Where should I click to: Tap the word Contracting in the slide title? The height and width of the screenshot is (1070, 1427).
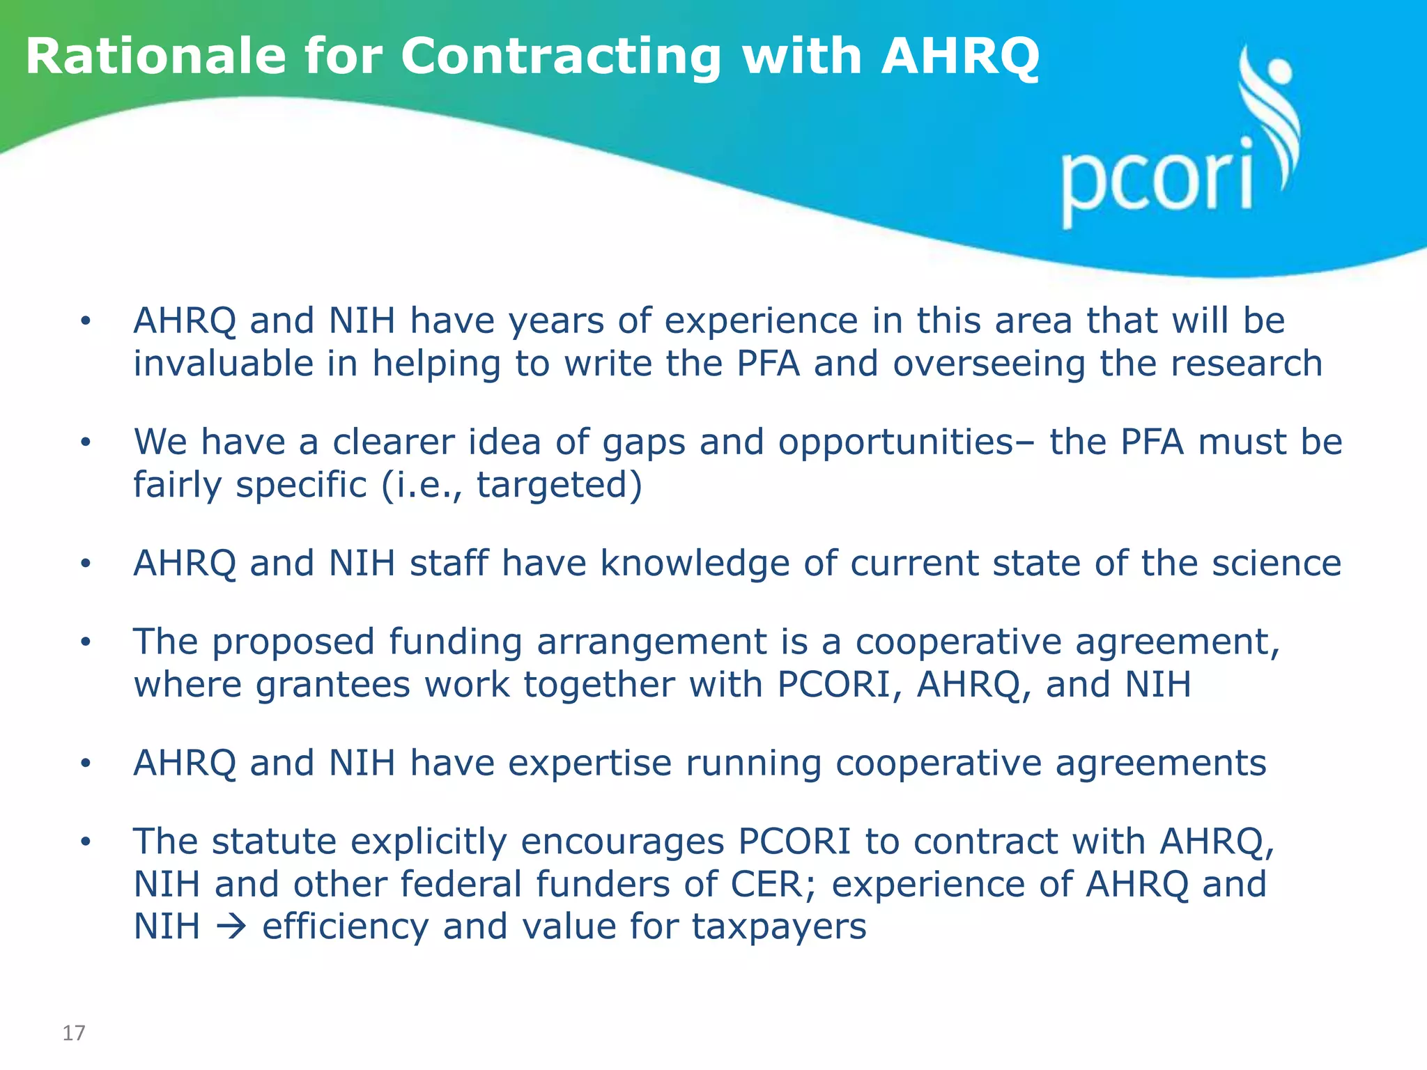(560, 57)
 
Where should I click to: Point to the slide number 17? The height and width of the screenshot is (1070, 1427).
(74, 1032)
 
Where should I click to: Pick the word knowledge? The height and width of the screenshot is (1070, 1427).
(695, 564)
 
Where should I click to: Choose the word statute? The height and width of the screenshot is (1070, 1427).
(275, 841)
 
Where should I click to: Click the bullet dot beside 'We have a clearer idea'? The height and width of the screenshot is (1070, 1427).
(86, 442)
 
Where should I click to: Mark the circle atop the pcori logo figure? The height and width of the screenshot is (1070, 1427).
(1279, 72)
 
